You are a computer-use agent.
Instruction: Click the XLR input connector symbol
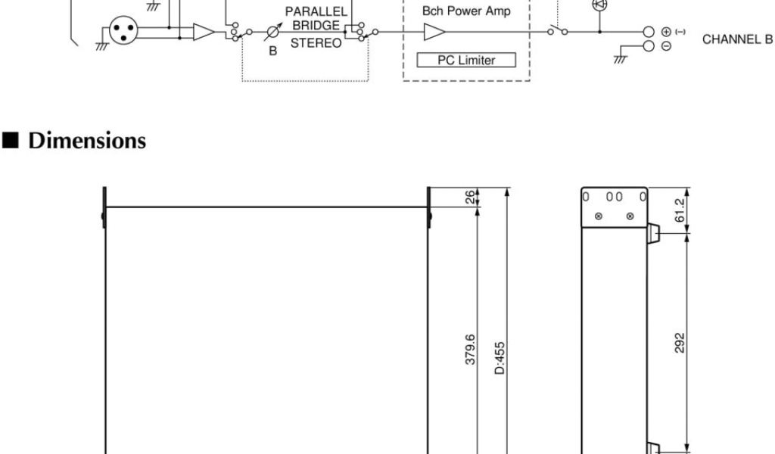[x=121, y=31]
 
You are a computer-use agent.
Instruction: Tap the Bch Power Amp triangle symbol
[x=434, y=32]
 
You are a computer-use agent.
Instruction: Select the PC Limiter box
[x=466, y=60]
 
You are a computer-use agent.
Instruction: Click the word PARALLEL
[x=316, y=12]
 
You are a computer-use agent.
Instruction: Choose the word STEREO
[x=316, y=43]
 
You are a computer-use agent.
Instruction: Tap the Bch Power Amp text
[x=466, y=11]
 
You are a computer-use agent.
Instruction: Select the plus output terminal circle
[x=649, y=32]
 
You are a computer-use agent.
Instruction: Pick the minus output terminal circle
[x=649, y=45]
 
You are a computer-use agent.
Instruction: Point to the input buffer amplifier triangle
[x=203, y=32]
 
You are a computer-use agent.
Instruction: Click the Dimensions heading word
[x=87, y=141]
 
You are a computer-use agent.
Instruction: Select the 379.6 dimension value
[x=470, y=350]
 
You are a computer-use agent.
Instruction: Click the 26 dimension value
[x=470, y=198]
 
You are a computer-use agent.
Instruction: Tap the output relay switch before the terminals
[x=559, y=31]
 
